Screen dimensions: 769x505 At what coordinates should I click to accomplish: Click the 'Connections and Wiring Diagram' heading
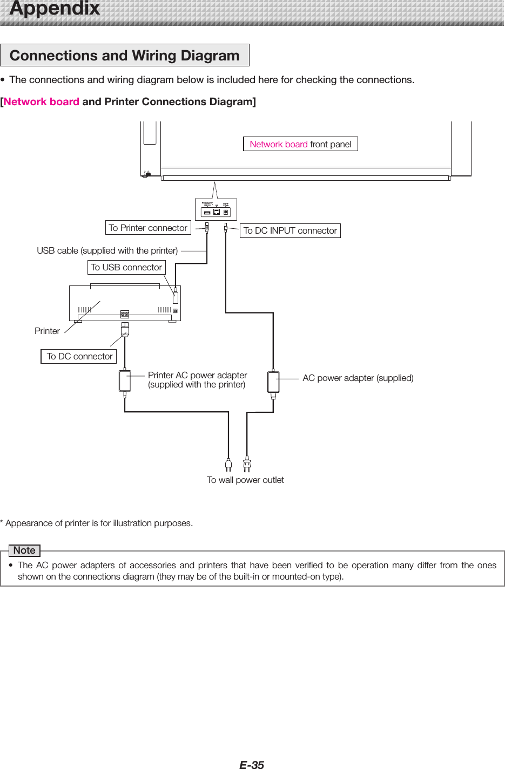[124, 56]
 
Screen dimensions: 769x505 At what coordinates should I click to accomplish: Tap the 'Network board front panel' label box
[300, 144]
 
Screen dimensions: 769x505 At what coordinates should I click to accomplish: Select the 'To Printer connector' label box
[148, 228]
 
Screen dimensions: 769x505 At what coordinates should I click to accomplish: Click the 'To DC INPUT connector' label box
[290, 230]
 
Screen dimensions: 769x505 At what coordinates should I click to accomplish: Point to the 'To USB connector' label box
[126, 267]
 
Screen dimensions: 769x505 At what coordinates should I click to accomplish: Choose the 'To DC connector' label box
[79, 356]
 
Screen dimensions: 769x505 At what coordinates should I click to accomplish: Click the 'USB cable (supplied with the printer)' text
[107, 250]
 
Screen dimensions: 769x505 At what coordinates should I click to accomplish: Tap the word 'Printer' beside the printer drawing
[47, 331]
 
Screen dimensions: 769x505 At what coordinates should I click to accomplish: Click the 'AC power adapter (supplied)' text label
[358, 378]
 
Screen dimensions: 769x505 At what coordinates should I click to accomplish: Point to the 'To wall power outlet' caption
[245, 480]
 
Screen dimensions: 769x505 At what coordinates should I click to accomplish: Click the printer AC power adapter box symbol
[125, 380]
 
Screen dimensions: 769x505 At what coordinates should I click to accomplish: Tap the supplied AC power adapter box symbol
[273, 382]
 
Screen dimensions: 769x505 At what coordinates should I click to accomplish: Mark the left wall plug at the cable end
[228, 465]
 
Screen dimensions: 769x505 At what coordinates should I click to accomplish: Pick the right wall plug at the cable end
[247, 464]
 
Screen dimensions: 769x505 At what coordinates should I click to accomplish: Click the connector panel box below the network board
[216, 209]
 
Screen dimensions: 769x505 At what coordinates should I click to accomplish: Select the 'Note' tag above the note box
[24, 550]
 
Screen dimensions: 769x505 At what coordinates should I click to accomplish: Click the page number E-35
[252, 764]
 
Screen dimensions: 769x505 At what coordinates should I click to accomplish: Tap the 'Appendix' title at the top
[55, 9]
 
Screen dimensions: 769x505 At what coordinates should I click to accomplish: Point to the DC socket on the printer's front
[125, 314]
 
